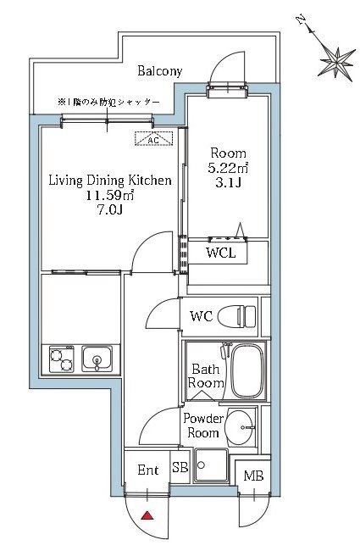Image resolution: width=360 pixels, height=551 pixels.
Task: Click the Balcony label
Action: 160,71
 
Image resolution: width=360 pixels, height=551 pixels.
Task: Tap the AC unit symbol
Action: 154,138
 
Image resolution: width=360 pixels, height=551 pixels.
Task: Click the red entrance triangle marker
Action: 147,516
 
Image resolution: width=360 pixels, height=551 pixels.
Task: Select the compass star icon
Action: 336,63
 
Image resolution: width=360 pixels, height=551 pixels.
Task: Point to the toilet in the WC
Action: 237,316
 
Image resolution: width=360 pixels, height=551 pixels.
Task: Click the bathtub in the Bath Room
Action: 247,370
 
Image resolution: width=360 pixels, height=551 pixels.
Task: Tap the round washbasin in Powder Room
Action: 239,426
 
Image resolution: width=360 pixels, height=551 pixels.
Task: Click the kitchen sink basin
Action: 97,359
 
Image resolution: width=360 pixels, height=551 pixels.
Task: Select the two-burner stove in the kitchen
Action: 62,359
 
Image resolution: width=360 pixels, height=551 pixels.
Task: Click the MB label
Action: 253,476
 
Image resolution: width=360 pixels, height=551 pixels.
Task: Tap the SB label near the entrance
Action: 180,467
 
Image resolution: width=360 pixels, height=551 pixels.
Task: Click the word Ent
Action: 148,470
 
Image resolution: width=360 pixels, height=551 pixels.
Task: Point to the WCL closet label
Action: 220,253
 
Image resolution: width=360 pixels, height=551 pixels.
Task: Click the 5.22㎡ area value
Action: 228,169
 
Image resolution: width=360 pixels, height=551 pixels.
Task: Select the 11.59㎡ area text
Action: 110,195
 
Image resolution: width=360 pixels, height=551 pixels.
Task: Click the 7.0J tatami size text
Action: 109,209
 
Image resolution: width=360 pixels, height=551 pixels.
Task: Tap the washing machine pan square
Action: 212,465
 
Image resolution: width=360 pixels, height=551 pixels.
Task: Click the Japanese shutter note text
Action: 108,103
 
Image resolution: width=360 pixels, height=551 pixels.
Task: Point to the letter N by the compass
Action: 301,20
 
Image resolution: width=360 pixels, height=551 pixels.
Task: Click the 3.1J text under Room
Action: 228,183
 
